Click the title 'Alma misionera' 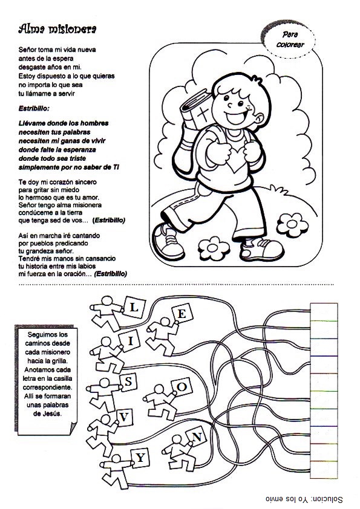[x=57, y=29]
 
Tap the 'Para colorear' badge [x=289, y=39]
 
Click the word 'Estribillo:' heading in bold [x=34, y=108]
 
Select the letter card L [x=134, y=306]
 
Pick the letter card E [x=182, y=314]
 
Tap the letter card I [x=130, y=341]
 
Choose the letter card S [x=128, y=382]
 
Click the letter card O [x=182, y=387]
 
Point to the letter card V [x=124, y=417]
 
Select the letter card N [x=197, y=437]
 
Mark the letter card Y [x=140, y=458]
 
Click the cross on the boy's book [x=203, y=115]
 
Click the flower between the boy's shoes [x=214, y=248]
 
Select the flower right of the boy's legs [x=292, y=224]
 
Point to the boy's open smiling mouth [x=237, y=117]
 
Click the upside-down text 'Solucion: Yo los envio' [x=304, y=499]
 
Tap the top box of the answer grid [x=324, y=312]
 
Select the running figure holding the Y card [x=116, y=472]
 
